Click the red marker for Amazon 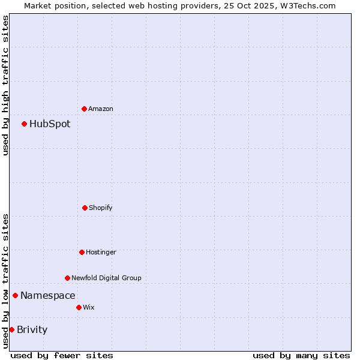pos(84,109)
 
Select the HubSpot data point pos(24,124)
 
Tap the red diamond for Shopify pos(85,208)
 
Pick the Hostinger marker pos(82,252)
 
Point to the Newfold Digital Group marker pos(67,278)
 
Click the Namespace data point pos(15,295)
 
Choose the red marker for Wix pos(79,307)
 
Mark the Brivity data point pos(11,329)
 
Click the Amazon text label pos(101,109)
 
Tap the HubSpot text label pos(50,124)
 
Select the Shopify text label pos(101,208)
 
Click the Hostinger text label pos(101,252)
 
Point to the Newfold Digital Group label pos(106,278)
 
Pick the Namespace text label pos(48,295)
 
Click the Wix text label pos(89,307)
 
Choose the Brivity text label pos(32,329)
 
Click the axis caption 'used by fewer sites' pos(62,355)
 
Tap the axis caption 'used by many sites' pos(301,355)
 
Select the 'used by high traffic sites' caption pos(5,85)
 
